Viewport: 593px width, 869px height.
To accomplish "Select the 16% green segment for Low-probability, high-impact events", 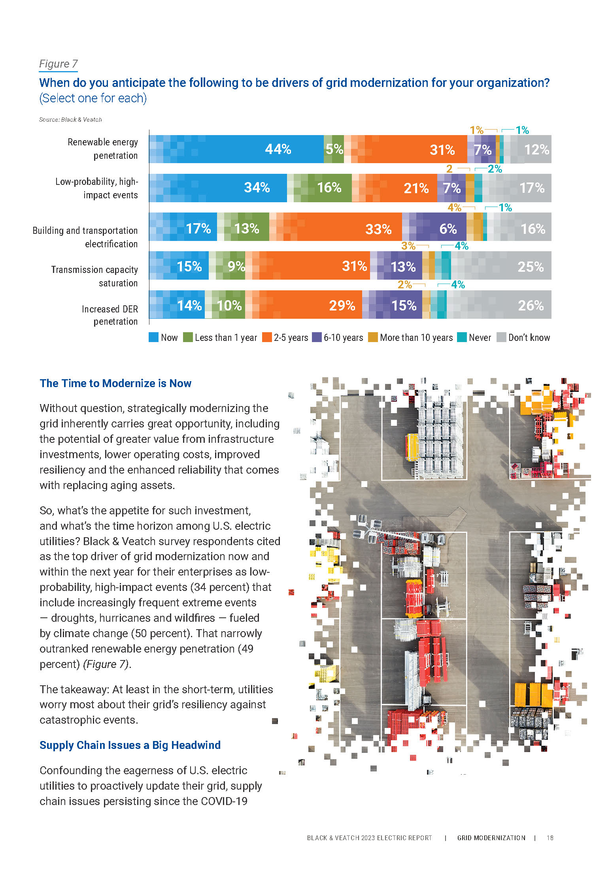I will [x=319, y=188].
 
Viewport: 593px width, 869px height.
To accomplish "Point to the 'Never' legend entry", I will [x=474, y=338].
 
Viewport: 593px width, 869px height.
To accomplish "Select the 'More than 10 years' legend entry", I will [x=411, y=338].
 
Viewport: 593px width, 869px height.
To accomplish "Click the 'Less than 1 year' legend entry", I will [x=221, y=338].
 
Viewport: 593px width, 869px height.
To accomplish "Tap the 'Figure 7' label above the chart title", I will [x=59, y=64].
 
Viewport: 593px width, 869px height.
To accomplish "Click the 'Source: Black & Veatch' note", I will [x=70, y=120].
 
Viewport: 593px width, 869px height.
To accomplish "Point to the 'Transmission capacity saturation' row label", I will [x=95, y=276].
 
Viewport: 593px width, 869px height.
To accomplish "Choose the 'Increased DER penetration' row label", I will [x=110, y=315].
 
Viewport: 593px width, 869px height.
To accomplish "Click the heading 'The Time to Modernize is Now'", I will [x=115, y=384].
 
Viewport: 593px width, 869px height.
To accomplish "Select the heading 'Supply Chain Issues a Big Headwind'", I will [x=130, y=745].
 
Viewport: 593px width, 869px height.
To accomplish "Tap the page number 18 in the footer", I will [x=550, y=838].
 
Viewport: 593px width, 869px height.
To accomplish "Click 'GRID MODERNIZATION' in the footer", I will [x=491, y=838].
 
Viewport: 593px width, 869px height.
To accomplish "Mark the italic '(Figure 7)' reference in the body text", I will [x=106, y=664].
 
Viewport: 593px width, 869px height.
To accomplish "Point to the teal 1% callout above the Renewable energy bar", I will [x=522, y=130].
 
